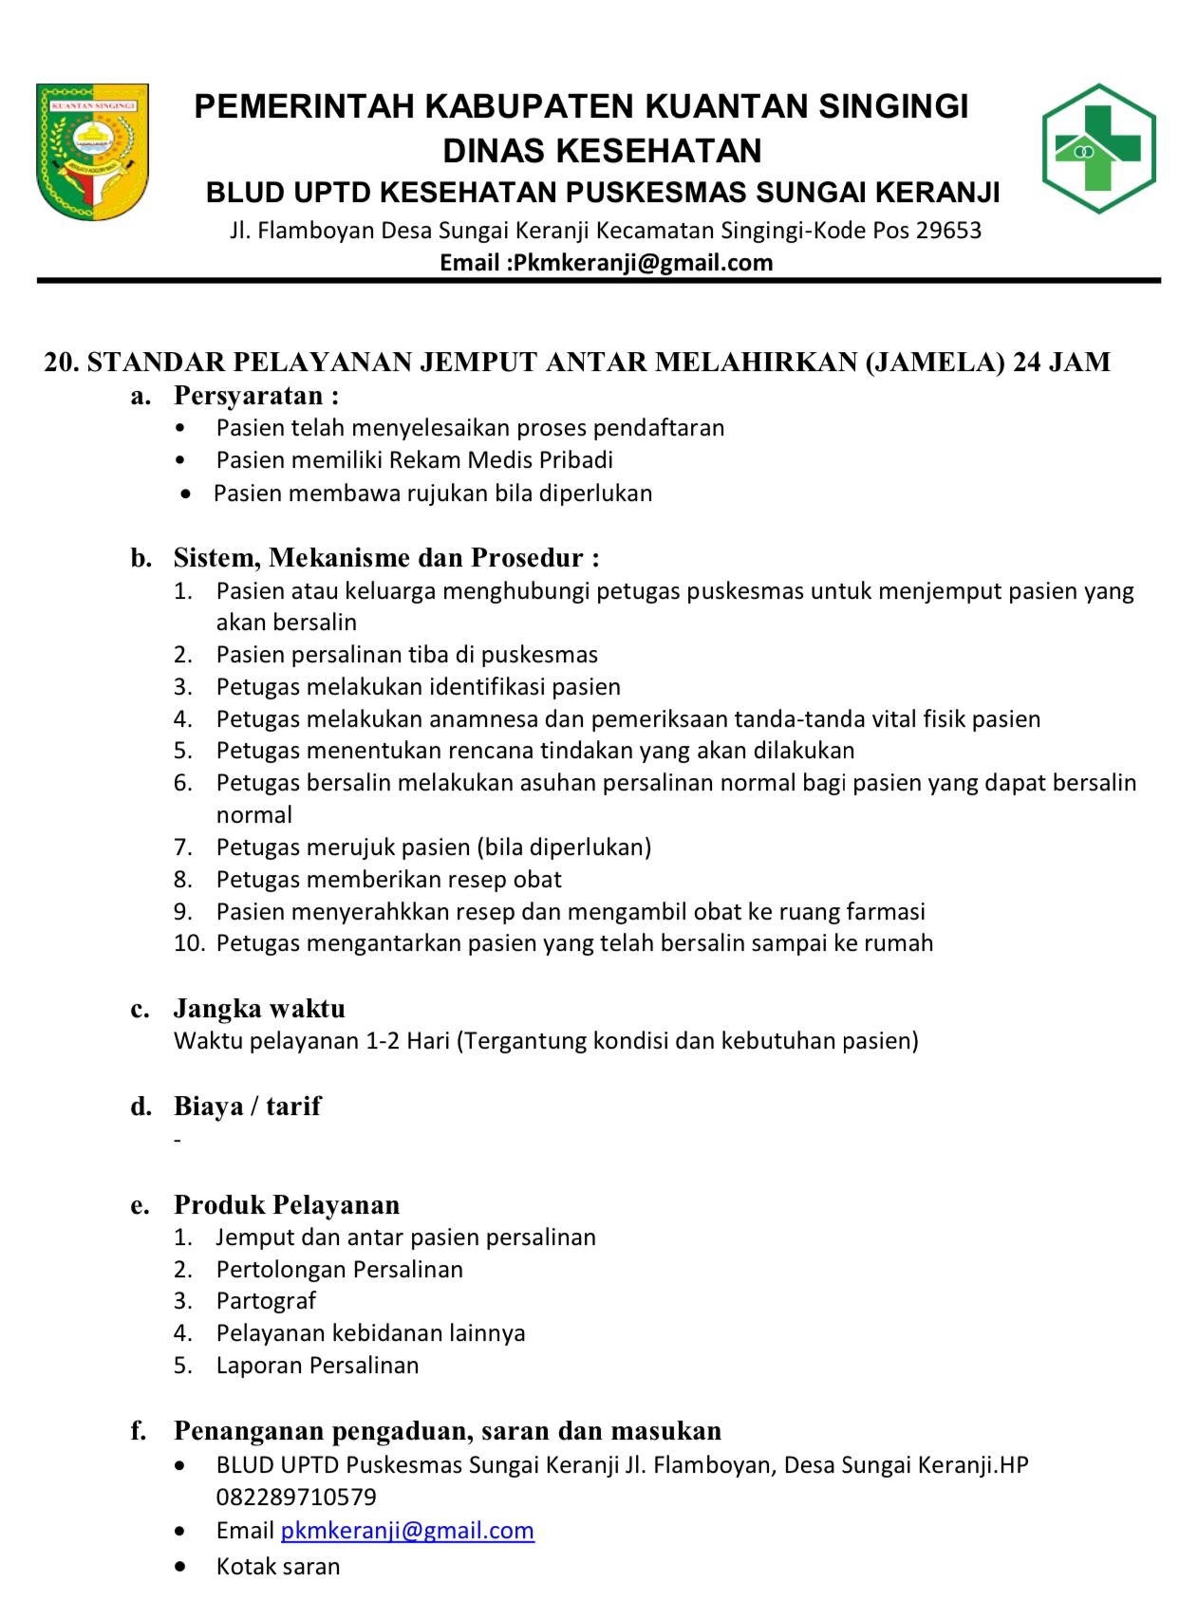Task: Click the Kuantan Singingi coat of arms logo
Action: pos(92,151)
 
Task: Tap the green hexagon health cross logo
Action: pos(1098,148)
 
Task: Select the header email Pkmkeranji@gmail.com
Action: pos(643,263)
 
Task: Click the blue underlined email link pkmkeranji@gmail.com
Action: pos(407,1530)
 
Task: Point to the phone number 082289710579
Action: pos(296,1497)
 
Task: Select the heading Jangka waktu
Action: pos(259,1008)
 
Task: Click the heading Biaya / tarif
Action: pos(247,1106)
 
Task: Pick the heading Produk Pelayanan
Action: pos(287,1204)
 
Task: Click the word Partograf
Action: pos(266,1301)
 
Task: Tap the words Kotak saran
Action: pos(278,1566)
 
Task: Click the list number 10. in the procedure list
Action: pos(189,943)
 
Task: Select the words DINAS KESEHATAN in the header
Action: pos(602,150)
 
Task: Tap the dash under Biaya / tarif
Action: pos(178,1139)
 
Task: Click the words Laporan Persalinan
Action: pos(317,1366)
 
